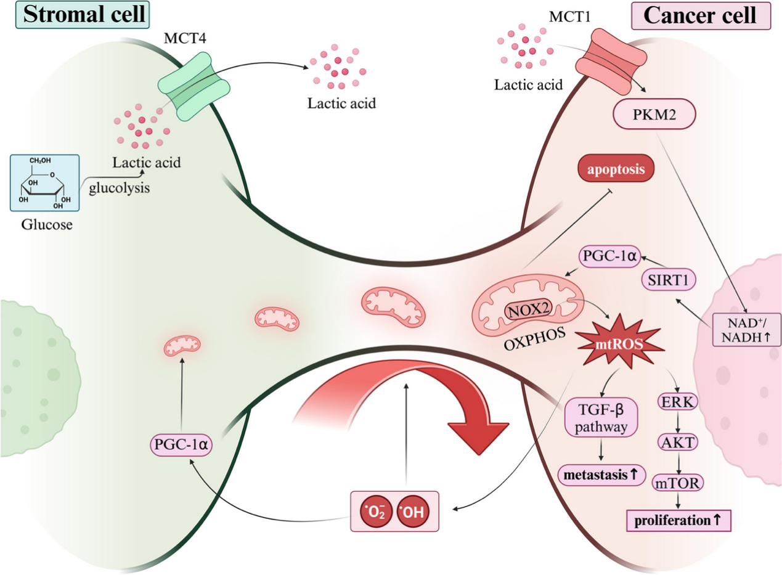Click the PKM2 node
click(x=654, y=114)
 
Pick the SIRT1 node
click(x=669, y=280)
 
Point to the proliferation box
click(x=678, y=520)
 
